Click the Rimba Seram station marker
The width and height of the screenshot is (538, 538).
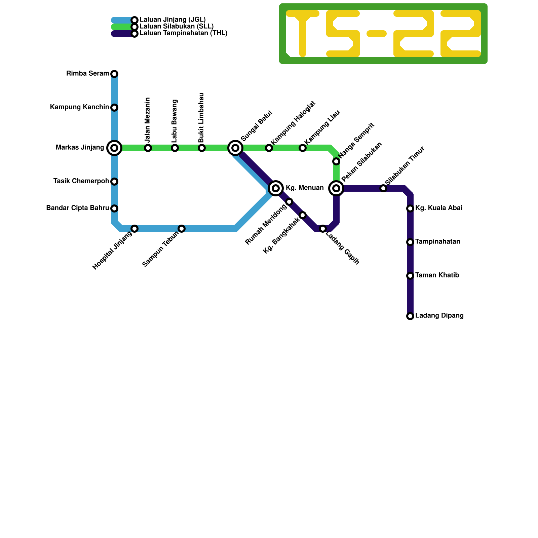coord(114,74)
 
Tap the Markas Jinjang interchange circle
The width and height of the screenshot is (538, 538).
coord(114,148)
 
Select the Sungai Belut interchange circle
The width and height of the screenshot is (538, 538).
coord(235,148)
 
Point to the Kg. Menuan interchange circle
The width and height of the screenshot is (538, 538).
coord(276,188)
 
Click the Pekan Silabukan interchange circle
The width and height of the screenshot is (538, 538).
coord(336,188)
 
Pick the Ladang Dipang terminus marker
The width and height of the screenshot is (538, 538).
coord(410,316)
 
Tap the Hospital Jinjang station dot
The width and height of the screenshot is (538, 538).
coord(134,229)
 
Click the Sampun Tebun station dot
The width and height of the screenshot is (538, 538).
coord(182,229)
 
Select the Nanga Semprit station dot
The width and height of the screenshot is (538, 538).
coord(336,161)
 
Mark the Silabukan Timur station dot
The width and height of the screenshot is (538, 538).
coord(383,188)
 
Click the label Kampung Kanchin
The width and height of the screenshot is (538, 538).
coord(80,107)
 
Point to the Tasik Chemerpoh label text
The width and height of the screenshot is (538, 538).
coord(81,181)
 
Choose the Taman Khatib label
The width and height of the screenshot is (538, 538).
coord(437,275)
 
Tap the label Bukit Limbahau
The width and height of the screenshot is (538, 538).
coord(201,118)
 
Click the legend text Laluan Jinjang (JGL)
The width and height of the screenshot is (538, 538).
coord(172,20)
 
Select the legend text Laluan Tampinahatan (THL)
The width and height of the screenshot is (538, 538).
coord(184,33)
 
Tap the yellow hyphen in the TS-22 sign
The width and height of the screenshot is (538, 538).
coord(377,33)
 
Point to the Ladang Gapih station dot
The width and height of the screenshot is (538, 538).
coord(323,229)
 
